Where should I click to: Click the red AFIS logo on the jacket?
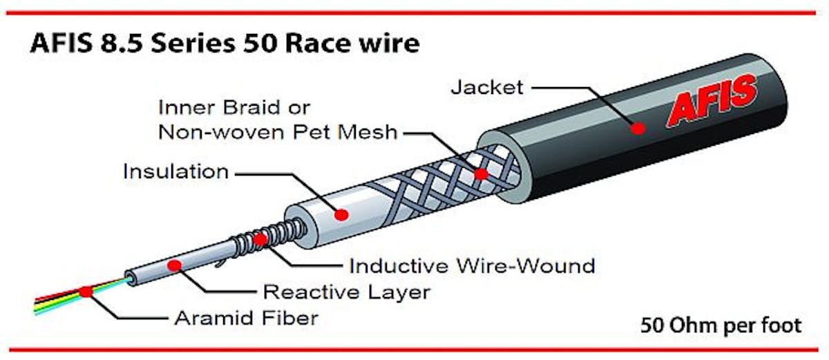click(x=712, y=101)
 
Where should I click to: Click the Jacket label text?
click(x=487, y=87)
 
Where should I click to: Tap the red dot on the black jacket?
click(x=638, y=129)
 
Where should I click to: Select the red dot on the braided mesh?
click(x=481, y=174)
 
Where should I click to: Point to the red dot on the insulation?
click(x=341, y=215)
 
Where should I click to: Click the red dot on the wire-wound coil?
click(x=260, y=240)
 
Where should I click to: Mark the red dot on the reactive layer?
click(x=174, y=265)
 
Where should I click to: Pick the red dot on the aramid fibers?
click(x=86, y=292)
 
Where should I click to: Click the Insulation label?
click(x=176, y=171)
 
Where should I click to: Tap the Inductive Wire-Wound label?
click(x=473, y=265)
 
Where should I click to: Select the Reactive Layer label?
click(x=346, y=292)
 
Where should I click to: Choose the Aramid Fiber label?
click(x=246, y=318)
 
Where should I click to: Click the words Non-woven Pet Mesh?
click(x=278, y=132)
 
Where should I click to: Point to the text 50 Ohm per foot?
click(x=721, y=325)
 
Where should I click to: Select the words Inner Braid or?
click(x=234, y=108)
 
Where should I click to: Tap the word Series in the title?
click(x=193, y=43)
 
